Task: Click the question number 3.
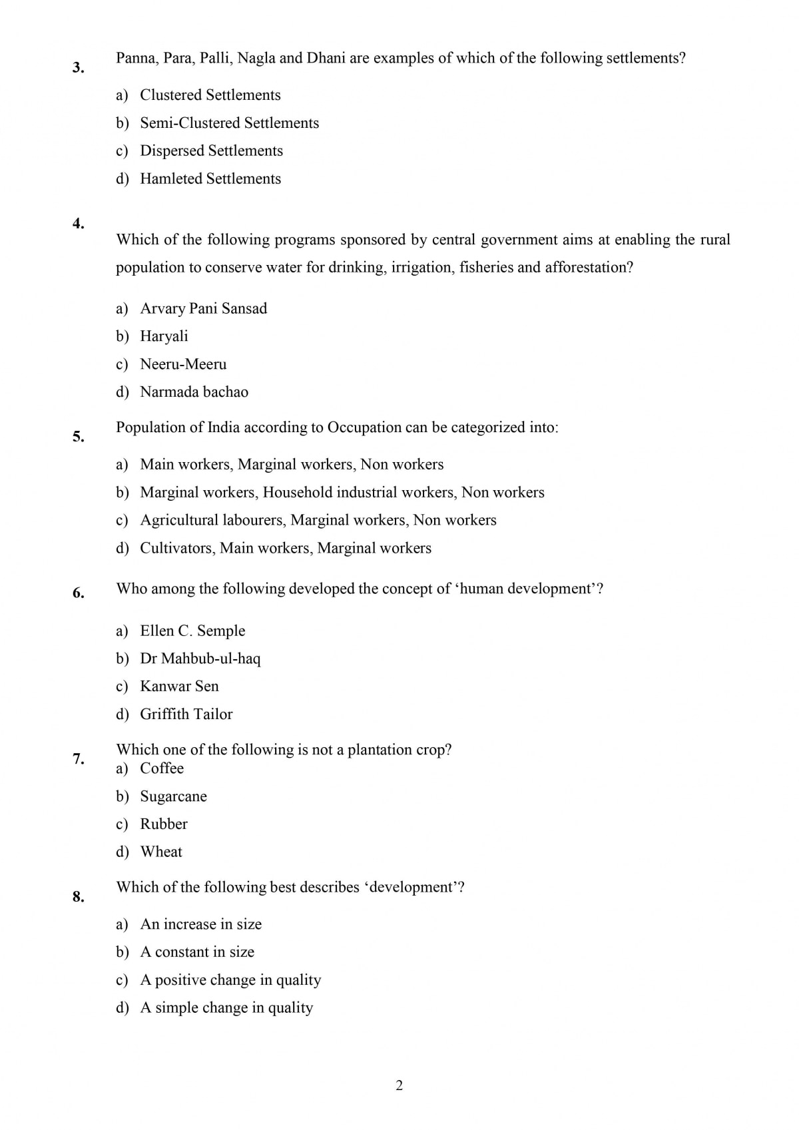[x=78, y=67]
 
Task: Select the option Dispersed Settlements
[x=211, y=151]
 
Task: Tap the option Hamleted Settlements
[x=210, y=179]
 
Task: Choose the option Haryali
[x=164, y=336]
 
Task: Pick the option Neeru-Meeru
[x=183, y=364]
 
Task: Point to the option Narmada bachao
[x=194, y=392]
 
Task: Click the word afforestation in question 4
[x=589, y=268]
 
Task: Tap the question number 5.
[x=78, y=437]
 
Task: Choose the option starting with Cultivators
[x=285, y=548]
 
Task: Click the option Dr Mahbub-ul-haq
[x=200, y=659]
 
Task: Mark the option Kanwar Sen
[x=179, y=687]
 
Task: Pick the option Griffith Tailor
[x=186, y=714]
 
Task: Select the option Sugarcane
[x=173, y=796]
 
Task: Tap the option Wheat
[x=161, y=852]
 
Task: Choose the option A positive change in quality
[x=230, y=980]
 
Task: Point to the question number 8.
[x=78, y=897]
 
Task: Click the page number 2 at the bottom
[x=399, y=1086]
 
